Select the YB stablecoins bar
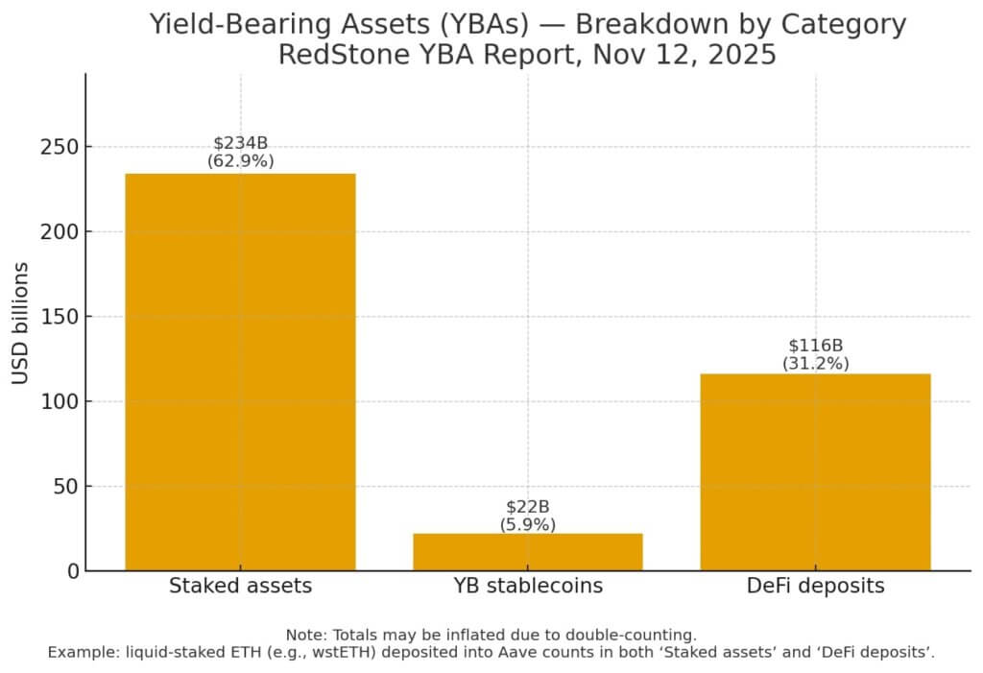click(527, 552)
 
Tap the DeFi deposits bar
click(815, 471)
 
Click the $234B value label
click(240, 143)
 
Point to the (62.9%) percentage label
click(240, 160)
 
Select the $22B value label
click(527, 506)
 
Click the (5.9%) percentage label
click(527, 524)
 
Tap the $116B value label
click(815, 346)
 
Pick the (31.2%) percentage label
click(815, 363)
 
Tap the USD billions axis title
click(21, 323)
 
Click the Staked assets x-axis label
click(240, 586)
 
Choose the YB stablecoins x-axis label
click(527, 586)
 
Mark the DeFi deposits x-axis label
click(815, 586)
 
